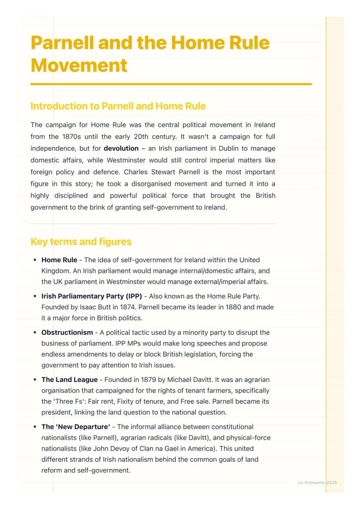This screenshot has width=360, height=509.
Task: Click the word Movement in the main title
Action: [x=79, y=66]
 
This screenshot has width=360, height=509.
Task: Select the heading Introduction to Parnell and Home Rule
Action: [x=118, y=106]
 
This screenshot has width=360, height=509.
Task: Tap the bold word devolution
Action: [x=121, y=148]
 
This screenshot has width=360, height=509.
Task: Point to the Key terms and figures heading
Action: [x=81, y=242]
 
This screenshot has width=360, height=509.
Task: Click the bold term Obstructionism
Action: [x=67, y=333]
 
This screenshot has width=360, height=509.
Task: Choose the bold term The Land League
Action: [x=70, y=380]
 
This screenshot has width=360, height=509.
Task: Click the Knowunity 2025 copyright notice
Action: [x=317, y=482]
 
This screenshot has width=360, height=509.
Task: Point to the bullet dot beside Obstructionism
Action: [x=35, y=333]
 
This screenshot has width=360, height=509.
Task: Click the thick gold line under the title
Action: [x=171, y=84]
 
